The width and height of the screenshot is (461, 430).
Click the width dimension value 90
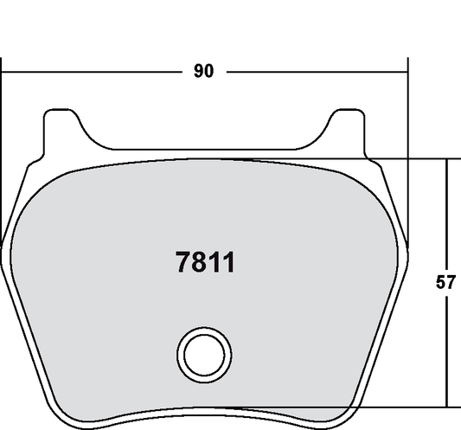(203, 72)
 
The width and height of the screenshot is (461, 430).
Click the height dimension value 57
(446, 282)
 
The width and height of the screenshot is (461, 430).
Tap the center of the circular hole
(205, 352)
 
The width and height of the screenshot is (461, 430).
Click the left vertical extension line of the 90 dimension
(2, 156)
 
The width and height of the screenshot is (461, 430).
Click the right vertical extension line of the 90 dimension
(407, 156)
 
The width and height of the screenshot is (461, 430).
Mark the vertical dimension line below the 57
(447, 355)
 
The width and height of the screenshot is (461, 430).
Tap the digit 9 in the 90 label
(197, 72)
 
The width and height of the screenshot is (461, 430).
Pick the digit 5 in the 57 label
(441, 282)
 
